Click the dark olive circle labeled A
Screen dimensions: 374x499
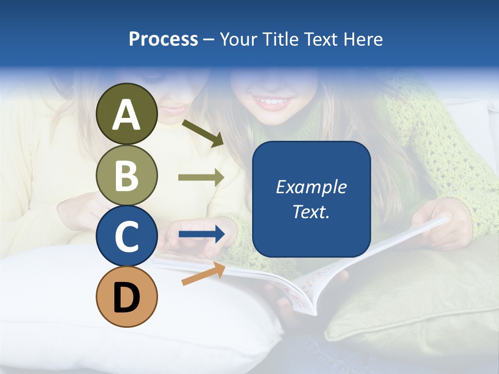[x=126, y=114]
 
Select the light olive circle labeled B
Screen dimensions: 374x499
[x=126, y=175]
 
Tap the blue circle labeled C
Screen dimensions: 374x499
[x=126, y=236]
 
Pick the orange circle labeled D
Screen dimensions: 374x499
[x=126, y=297]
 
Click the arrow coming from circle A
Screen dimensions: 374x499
[x=203, y=133]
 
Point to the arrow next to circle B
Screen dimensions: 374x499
[x=201, y=178]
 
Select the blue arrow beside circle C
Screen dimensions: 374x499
[x=202, y=235]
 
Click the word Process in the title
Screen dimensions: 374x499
[x=163, y=39]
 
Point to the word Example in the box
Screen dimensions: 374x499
[x=311, y=187]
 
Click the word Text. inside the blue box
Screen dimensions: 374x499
[x=311, y=212]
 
